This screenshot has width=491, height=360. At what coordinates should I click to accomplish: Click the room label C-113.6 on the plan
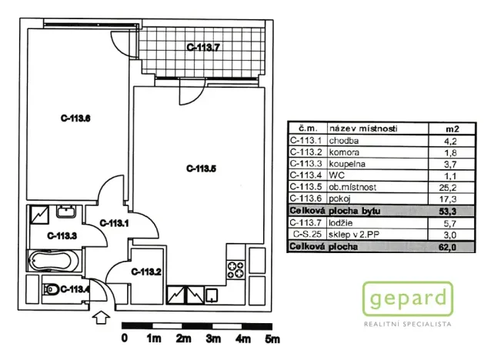[x=76, y=118]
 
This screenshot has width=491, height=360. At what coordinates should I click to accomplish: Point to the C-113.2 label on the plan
[x=145, y=272]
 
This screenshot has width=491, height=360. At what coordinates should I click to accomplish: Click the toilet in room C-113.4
[x=52, y=290]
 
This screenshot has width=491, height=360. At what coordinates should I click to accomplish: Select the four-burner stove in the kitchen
[x=234, y=272]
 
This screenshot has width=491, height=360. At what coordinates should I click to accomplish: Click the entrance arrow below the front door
[x=99, y=317]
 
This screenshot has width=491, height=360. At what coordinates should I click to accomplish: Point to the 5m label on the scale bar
[x=272, y=338]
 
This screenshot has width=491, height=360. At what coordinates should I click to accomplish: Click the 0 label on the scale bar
[x=124, y=338]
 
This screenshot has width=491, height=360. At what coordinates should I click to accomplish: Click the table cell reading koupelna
[x=345, y=164]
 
